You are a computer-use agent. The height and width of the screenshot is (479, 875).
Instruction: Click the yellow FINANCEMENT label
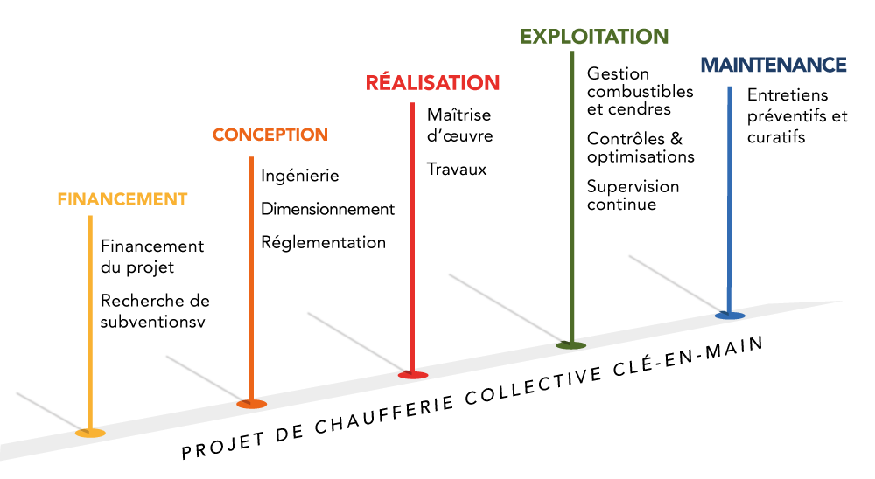coord(122,199)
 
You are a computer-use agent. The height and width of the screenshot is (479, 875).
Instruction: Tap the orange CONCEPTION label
coord(269,135)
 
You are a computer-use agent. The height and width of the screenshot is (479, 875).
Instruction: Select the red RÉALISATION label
coord(432,84)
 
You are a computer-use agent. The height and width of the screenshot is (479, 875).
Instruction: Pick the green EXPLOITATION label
coord(594,37)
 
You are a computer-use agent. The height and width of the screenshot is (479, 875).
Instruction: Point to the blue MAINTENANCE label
coord(773,66)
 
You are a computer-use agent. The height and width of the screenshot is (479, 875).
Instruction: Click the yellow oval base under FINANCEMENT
coord(90,433)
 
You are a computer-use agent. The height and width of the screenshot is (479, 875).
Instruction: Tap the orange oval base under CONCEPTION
coord(252,404)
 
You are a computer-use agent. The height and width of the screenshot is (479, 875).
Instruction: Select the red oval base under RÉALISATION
coord(413,375)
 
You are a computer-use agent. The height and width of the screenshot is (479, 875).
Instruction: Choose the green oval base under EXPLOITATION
coord(570,345)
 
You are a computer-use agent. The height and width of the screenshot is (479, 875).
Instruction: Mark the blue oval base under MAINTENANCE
coord(730,316)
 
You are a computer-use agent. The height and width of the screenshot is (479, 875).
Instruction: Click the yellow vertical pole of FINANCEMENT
coord(90,323)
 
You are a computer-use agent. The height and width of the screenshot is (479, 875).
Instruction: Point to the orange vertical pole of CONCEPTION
coord(251,280)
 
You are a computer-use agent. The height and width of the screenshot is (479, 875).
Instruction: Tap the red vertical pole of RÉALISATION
coord(412,236)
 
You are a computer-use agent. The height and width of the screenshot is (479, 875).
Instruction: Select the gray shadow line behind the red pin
coord(354,340)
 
